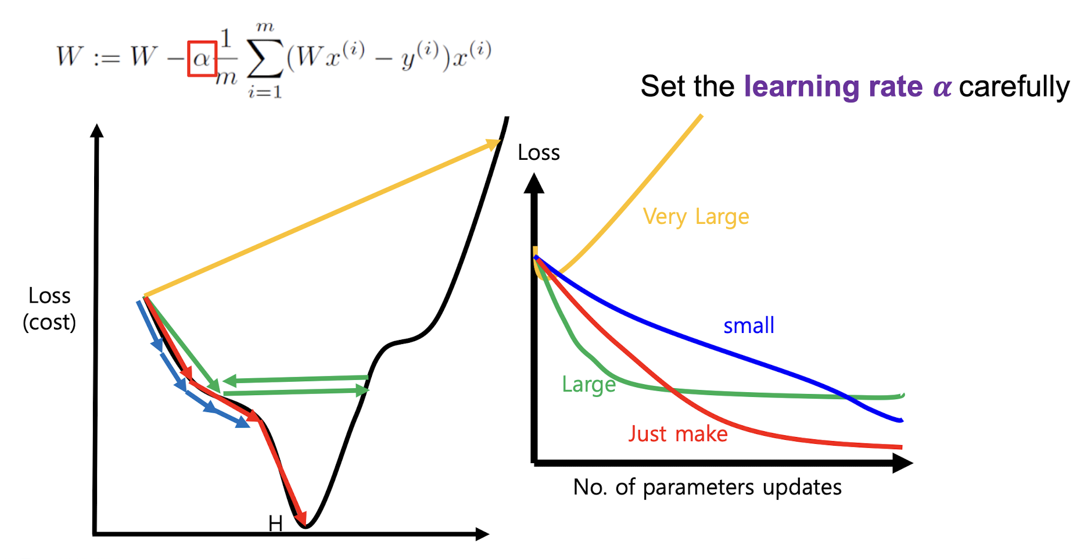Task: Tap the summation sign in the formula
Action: pos(265,58)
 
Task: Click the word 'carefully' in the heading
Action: pos(1014,87)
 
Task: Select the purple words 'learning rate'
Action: pos(833,87)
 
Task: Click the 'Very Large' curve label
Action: pos(696,217)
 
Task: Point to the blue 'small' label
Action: pos(749,325)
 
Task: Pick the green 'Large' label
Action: pos(588,385)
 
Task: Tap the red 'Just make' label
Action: pos(678,434)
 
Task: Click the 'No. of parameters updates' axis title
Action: pos(707,487)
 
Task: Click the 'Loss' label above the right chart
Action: pos(539,153)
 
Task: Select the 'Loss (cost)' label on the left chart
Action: pos(49,309)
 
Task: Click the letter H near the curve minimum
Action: pos(275,524)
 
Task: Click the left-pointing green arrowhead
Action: pos(229,381)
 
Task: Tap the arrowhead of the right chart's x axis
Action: pos(902,463)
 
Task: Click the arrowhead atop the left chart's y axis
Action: pos(97,131)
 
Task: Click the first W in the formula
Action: pos(69,57)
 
